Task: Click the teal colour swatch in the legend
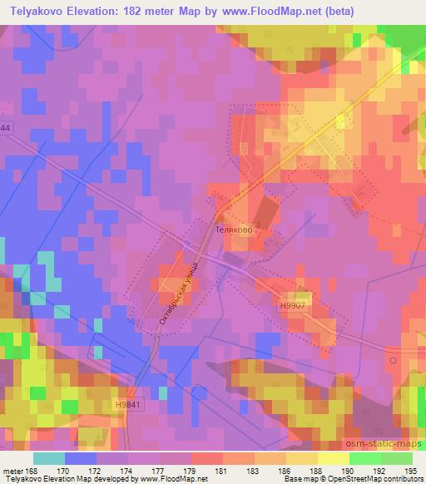tap(50, 457)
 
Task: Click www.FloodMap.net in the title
tap(261, 11)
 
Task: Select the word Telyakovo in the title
tap(37, 11)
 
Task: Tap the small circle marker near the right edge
tap(392, 361)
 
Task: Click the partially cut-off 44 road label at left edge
tap(5, 127)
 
